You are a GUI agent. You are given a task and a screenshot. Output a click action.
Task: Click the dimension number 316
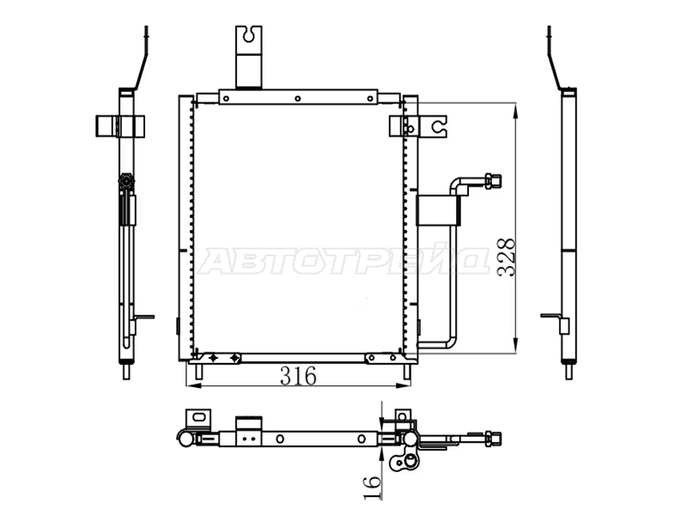click(x=298, y=376)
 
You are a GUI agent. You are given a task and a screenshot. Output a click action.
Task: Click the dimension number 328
click(x=507, y=257)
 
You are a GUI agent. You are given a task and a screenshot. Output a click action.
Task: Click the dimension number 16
click(x=373, y=487)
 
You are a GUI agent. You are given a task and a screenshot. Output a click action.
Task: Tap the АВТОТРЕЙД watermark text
click(x=343, y=261)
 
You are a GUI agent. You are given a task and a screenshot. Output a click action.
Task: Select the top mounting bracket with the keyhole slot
click(x=248, y=57)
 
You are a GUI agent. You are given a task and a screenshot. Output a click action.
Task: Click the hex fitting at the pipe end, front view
click(x=492, y=181)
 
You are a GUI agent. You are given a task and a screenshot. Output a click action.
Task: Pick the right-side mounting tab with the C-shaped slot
click(x=433, y=126)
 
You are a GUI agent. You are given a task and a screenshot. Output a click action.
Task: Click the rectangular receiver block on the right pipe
click(x=438, y=210)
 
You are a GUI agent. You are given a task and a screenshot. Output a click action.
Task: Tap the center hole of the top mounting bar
click(x=297, y=99)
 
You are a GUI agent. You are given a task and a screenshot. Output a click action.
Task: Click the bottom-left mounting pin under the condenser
click(x=198, y=372)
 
